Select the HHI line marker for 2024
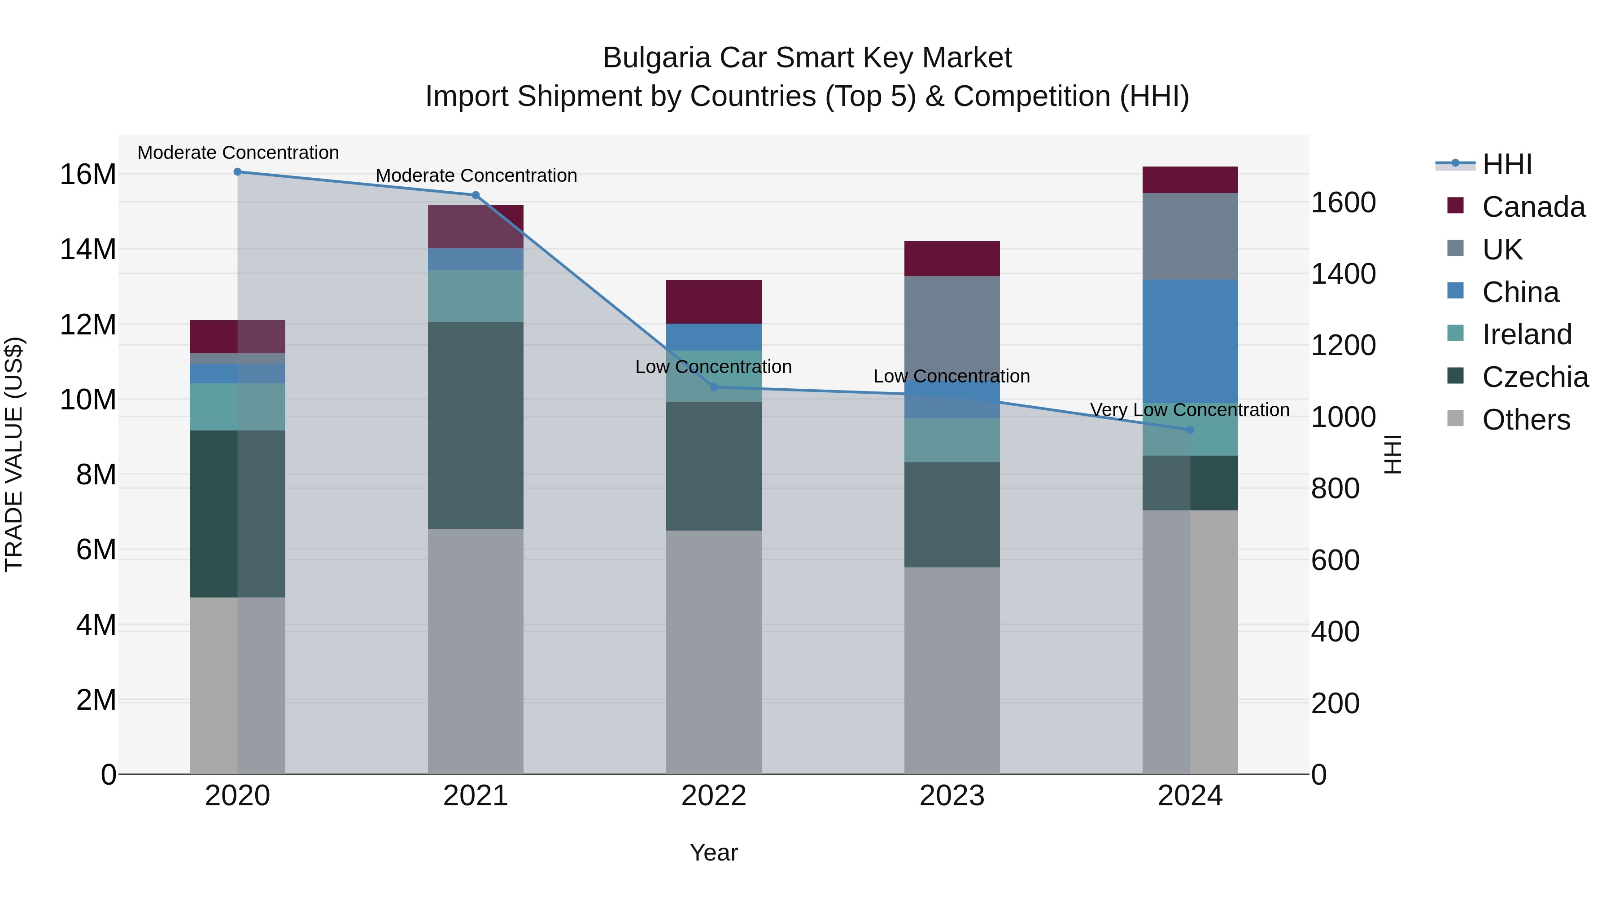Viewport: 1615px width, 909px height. [1190, 430]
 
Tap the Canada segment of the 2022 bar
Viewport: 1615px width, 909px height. [713, 302]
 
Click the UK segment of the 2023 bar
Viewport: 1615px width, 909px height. [952, 326]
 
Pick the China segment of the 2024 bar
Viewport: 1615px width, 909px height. [1190, 342]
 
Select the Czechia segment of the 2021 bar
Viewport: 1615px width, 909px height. [475, 426]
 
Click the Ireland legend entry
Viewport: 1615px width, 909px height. [1526, 334]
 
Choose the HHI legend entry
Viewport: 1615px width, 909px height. [1506, 164]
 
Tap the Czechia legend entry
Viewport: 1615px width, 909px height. [1534, 377]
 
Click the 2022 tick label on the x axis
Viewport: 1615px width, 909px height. [713, 796]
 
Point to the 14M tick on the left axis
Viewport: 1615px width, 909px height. [88, 250]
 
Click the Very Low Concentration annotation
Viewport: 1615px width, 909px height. [1189, 410]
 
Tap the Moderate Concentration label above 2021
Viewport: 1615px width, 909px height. [476, 176]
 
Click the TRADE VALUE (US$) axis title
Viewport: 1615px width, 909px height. [14, 454]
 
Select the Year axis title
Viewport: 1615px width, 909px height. [713, 852]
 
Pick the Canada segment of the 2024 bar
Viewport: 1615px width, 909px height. [1190, 180]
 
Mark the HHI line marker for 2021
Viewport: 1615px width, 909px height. [475, 195]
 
